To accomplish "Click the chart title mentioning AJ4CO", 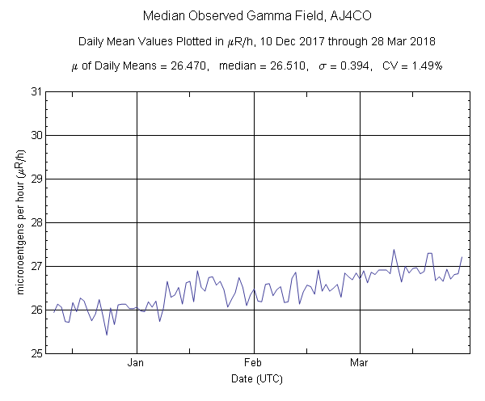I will coord(242,16).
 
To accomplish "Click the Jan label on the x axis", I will coord(136,363).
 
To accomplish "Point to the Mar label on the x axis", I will coord(360,363).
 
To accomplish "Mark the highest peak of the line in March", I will coord(394,250).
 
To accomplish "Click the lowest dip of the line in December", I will coord(107,335).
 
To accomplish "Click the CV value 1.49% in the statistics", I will coord(423,66).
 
